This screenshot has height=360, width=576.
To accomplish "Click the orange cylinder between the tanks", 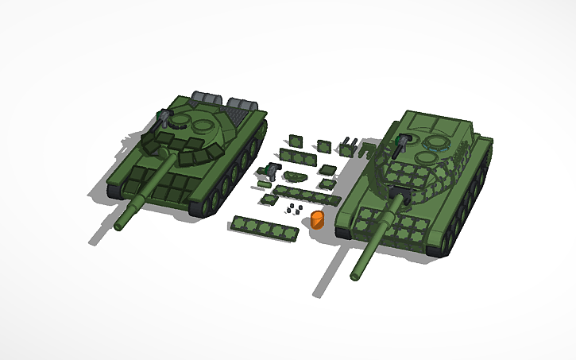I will click(317, 219).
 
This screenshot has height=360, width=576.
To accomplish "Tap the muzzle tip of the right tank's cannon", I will click(355, 276).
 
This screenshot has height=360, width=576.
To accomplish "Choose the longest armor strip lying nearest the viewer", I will click(265, 228).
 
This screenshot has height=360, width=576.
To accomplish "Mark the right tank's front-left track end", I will click(343, 232).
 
